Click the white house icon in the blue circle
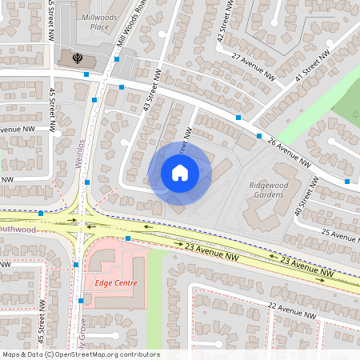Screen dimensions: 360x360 click(x=180, y=172)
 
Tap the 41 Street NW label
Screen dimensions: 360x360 click(x=312, y=64)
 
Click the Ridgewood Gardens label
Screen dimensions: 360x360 click(x=262, y=189)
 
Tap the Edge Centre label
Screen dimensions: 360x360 click(x=116, y=283)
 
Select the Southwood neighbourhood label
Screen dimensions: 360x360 click(x=18, y=229)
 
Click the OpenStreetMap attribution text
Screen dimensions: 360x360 click(x=81, y=354)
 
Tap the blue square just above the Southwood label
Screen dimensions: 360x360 click(x=40, y=214)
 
